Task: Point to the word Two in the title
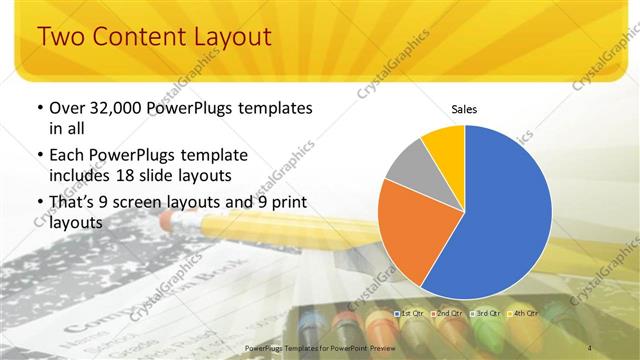click(x=62, y=38)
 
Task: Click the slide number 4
click(x=591, y=347)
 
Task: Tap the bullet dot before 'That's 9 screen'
click(x=39, y=205)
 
